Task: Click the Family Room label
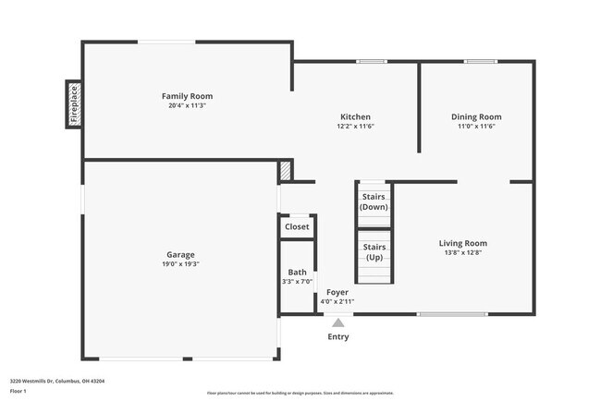(x=187, y=96)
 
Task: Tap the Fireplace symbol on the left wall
(x=74, y=103)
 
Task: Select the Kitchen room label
(x=355, y=116)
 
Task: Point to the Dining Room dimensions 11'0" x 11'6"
(x=476, y=127)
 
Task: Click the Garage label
(x=180, y=254)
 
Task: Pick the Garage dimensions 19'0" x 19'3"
(x=180, y=264)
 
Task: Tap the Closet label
(x=297, y=226)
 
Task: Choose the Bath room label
(x=297, y=272)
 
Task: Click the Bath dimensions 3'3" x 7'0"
(x=297, y=282)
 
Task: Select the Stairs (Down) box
(x=374, y=202)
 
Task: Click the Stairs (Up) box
(x=374, y=251)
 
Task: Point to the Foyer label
(x=337, y=292)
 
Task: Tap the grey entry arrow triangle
(x=338, y=322)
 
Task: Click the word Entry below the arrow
(x=338, y=336)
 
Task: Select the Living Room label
(x=462, y=243)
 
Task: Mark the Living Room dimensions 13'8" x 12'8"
(x=462, y=253)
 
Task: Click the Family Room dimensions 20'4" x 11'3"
(x=187, y=105)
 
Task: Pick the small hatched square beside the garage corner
(x=286, y=171)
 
